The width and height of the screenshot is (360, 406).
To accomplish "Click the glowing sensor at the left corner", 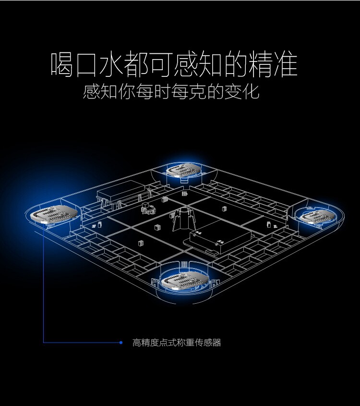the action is (53, 214).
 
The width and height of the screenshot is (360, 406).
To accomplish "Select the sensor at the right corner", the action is (317, 216).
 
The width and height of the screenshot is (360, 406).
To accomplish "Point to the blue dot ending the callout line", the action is (121, 343).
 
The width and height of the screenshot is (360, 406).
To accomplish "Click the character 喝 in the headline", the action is (62, 65).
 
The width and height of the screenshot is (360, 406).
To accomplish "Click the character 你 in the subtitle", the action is (127, 91).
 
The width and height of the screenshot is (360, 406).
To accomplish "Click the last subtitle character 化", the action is (251, 91).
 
